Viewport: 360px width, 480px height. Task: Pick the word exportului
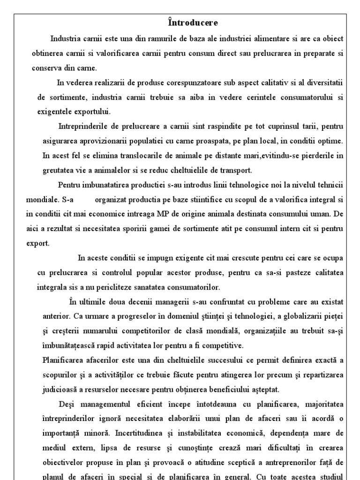88,112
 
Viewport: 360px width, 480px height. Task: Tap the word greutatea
57,170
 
